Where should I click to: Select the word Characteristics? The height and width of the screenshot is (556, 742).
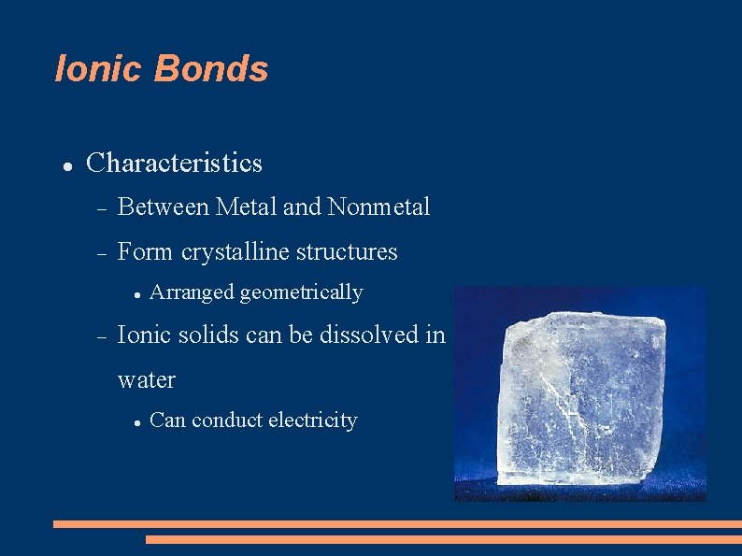click(174, 164)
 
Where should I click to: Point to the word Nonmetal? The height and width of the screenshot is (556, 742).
click(379, 207)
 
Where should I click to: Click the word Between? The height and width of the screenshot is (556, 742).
click(164, 207)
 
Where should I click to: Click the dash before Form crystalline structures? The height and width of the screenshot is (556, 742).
click(102, 253)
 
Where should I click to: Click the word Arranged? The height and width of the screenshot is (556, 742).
click(192, 292)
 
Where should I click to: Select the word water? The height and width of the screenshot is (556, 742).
click(147, 380)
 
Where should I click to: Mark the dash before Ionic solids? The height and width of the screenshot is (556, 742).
click(102, 335)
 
